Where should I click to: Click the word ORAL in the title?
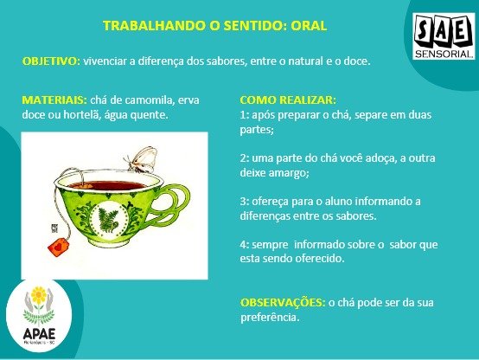[x=309, y=26]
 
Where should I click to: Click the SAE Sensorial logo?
[x=444, y=36]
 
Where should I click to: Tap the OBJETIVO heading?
[x=51, y=61]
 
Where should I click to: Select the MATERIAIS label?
[x=54, y=100]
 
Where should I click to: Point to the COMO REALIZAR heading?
[x=288, y=100]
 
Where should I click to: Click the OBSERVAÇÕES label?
[x=283, y=303]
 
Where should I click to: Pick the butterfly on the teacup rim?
[x=141, y=159]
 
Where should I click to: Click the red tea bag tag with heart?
[x=59, y=247]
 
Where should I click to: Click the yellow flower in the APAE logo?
[x=39, y=295]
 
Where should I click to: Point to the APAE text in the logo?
[x=39, y=333]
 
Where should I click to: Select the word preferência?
[x=270, y=318]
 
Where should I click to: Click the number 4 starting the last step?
[x=243, y=245]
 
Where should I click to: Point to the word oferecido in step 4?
[x=320, y=259]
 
